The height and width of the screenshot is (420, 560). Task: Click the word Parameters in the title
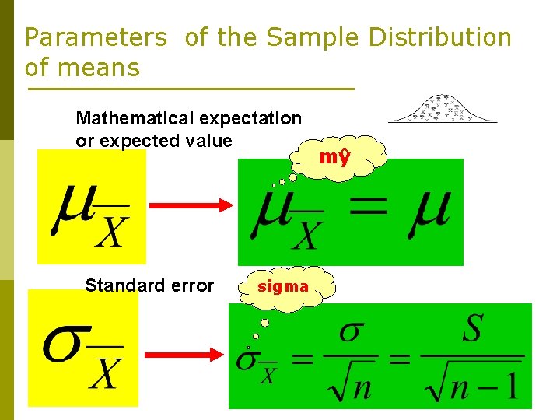pos(95,37)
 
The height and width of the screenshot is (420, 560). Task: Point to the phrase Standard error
pos(149,285)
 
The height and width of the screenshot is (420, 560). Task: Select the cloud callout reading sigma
pos(283,287)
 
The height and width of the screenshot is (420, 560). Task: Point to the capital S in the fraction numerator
pos(471,330)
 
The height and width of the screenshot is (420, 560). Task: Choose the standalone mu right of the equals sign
pos(430,208)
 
